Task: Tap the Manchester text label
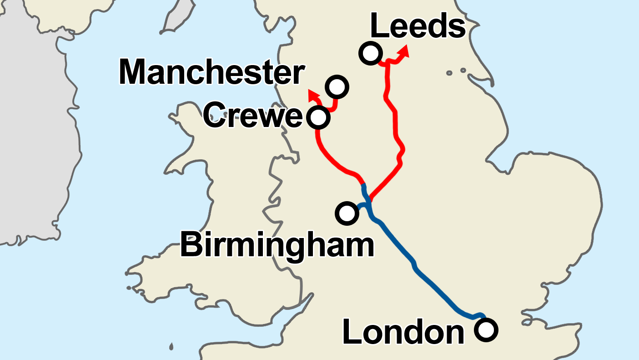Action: point(211,72)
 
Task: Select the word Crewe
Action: point(252,116)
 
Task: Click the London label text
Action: point(403,332)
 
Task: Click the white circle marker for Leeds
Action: point(370,53)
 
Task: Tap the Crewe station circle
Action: point(318,117)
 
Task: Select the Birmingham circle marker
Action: point(347,213)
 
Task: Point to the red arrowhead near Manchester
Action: point(313,95)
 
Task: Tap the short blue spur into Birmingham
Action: point(362,206)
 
